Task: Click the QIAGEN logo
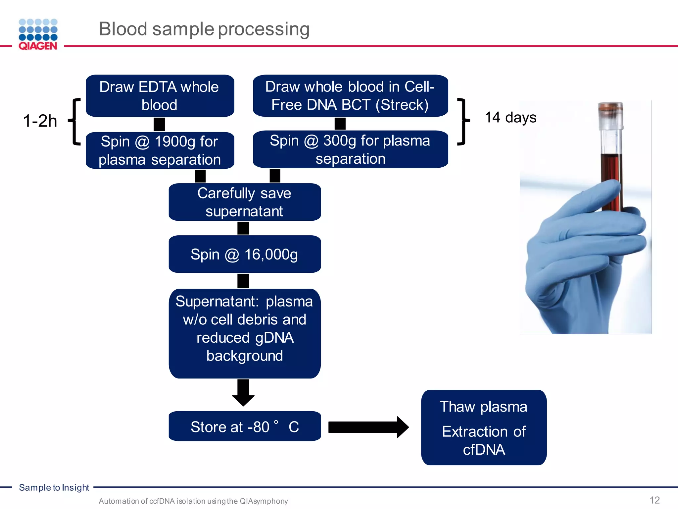click(x=38, y=34)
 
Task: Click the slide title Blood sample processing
click(x=204, y=29)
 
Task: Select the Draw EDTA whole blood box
click(x=160, y=96)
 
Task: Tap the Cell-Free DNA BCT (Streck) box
click(x=350, y=96)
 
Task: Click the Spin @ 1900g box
click(x=160, y=150)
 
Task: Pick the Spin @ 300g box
click(x=350, y=149)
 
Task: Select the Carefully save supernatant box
click(x=244, y=202)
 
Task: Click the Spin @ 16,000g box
click(x=244, y=254)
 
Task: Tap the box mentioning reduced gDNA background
click(x=244, y=333)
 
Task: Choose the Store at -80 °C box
click(x=244, y=426)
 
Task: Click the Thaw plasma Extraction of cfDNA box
click(x=484, y=427)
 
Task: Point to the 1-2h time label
click(x=40, y=121)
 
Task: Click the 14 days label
click(x=510, y=118)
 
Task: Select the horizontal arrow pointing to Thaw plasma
click(x=367, y=427)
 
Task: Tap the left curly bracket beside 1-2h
click(x=75, y=122)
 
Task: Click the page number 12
click(x=654, y=500)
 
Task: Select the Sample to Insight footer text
click(x=54, y=487)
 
